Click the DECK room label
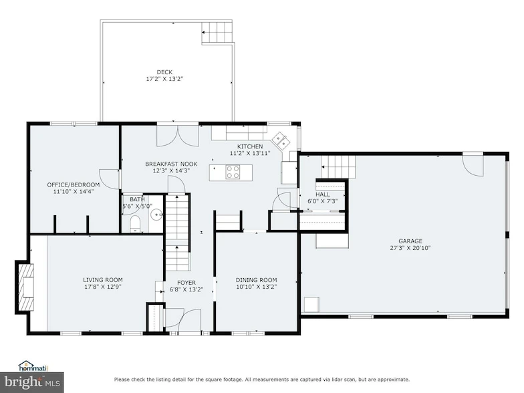164,72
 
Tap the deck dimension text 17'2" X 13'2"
164,79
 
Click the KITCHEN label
250,146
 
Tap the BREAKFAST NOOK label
171,163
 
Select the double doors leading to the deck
178,135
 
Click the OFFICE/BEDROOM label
74,184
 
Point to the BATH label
136,199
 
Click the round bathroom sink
155,215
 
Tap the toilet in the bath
134,223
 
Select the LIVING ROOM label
103,279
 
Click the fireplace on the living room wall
25,285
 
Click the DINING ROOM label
256,279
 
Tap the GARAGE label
411,241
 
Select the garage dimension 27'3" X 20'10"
411,248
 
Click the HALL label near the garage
323,194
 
